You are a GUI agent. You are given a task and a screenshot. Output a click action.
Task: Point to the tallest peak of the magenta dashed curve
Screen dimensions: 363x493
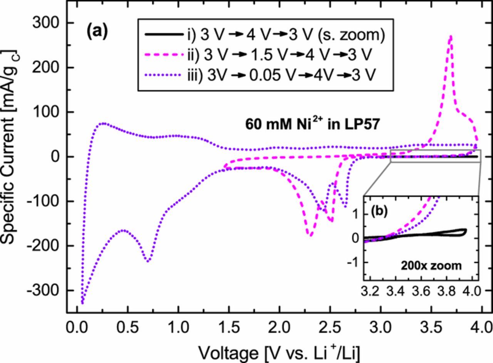pos(450,36)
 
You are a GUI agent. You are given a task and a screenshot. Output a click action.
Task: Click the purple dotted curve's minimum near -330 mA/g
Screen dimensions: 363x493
pos(82,303)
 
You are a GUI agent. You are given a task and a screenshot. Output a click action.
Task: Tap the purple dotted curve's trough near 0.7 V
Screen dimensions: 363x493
pos(148,261)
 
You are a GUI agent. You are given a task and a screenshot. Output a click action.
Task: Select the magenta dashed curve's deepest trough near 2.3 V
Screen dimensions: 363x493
pos(310,235)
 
